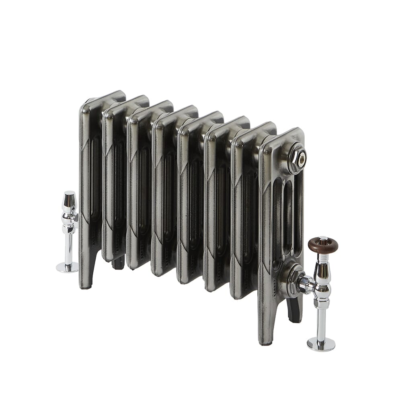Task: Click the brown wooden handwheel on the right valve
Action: pyautogui.click(x=323, y=246)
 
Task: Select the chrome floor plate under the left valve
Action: pyautogui.click(x=67, y=267)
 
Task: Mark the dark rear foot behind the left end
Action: pyautogui.click(x=119, y=263)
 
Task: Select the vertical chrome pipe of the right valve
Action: pyautogui.click(x=321, y=324)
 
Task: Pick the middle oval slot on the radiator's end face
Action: pyautogui.click(x=288, y=217)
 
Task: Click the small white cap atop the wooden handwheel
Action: pyautogui.click(x=323, y=238)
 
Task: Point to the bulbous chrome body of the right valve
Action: pyautogui.click(x=322, y=283)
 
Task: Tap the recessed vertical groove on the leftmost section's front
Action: pyautogui.click(x=95, y=177)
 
